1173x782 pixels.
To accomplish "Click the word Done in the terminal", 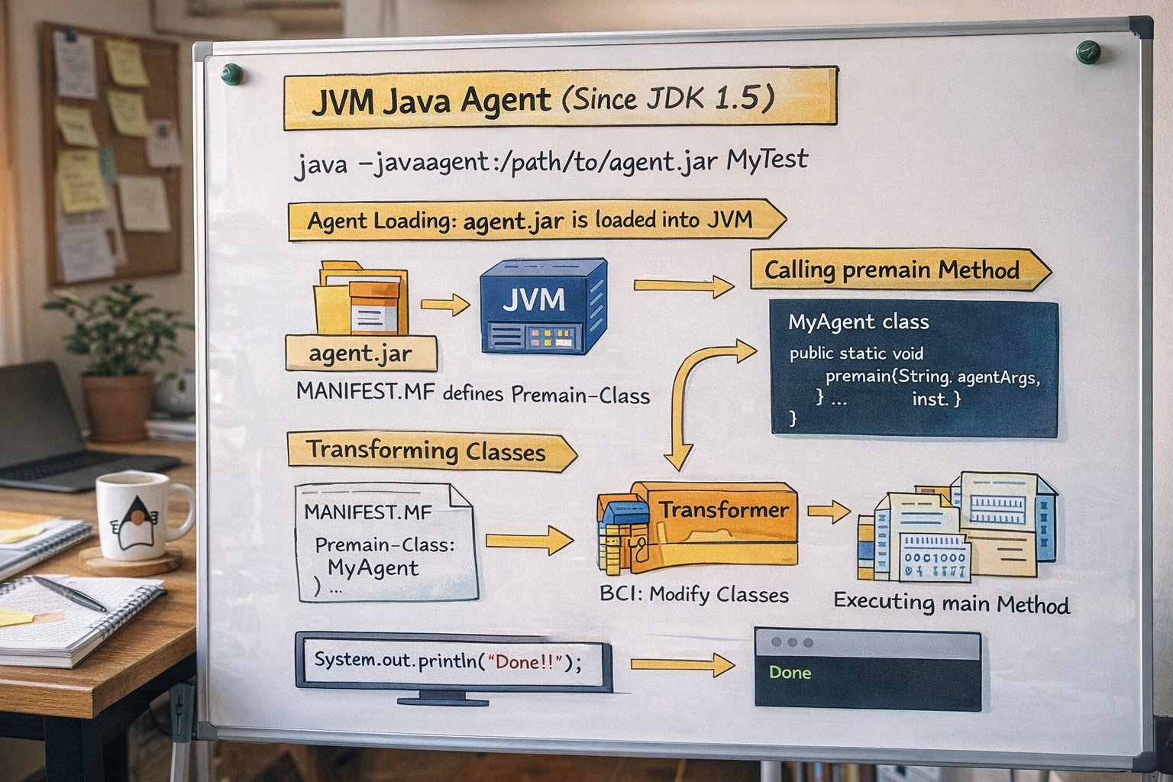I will [790, 673].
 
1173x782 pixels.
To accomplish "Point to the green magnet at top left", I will [231, 75].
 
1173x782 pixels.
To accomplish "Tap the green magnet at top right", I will [1087, 52].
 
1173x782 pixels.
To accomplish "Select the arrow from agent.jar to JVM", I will [445, 305].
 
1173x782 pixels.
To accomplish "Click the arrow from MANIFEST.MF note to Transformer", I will [528, 541].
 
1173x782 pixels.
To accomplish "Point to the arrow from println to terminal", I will [681, 664].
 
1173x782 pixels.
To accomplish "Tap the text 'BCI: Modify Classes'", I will [693, 595].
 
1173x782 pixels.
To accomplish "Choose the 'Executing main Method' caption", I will [951, 603].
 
